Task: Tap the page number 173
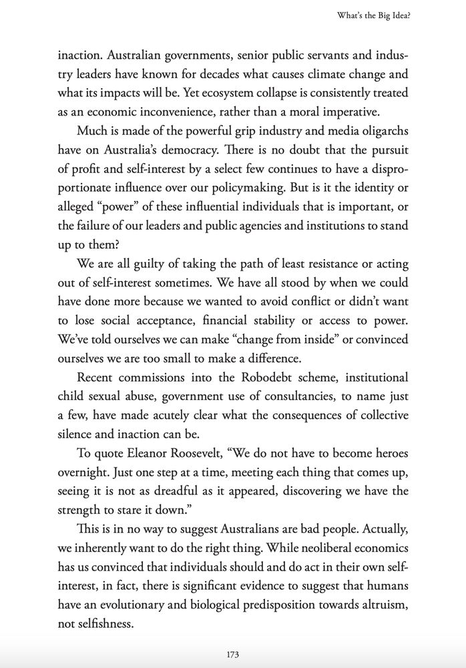click(x=233, y=653)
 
